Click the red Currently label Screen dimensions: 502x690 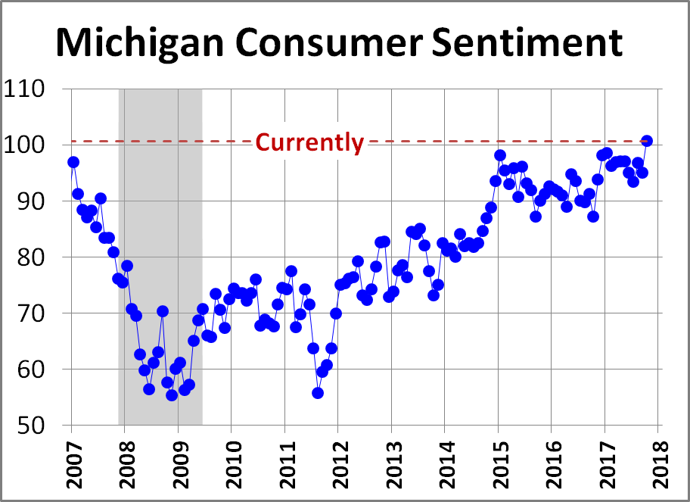tap(309, 142)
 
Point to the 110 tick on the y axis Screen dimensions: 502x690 tap(33, 89)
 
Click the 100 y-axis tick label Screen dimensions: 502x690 tap(33, 145)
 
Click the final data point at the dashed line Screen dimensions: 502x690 tap(647, 141)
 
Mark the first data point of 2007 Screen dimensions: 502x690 tap(73, 162)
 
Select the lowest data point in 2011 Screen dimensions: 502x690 tap(318, 393)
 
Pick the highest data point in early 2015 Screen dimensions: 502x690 tap(500, 155)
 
